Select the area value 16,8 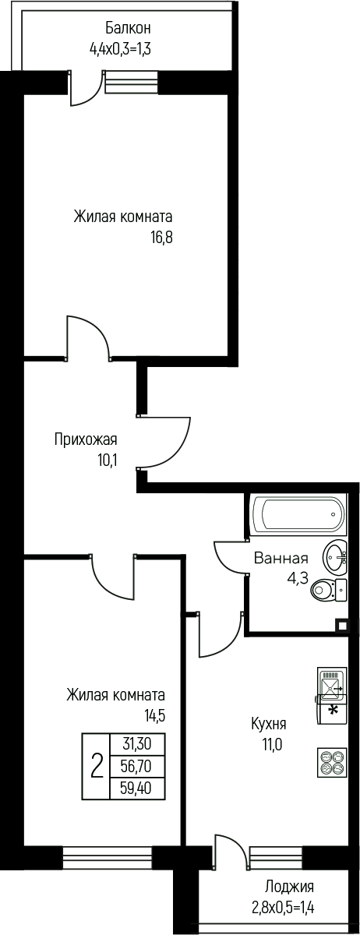(161, 238)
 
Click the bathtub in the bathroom (297, 513)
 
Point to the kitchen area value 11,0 (271, 743)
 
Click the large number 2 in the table (97, 767)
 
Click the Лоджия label (289, 886)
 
